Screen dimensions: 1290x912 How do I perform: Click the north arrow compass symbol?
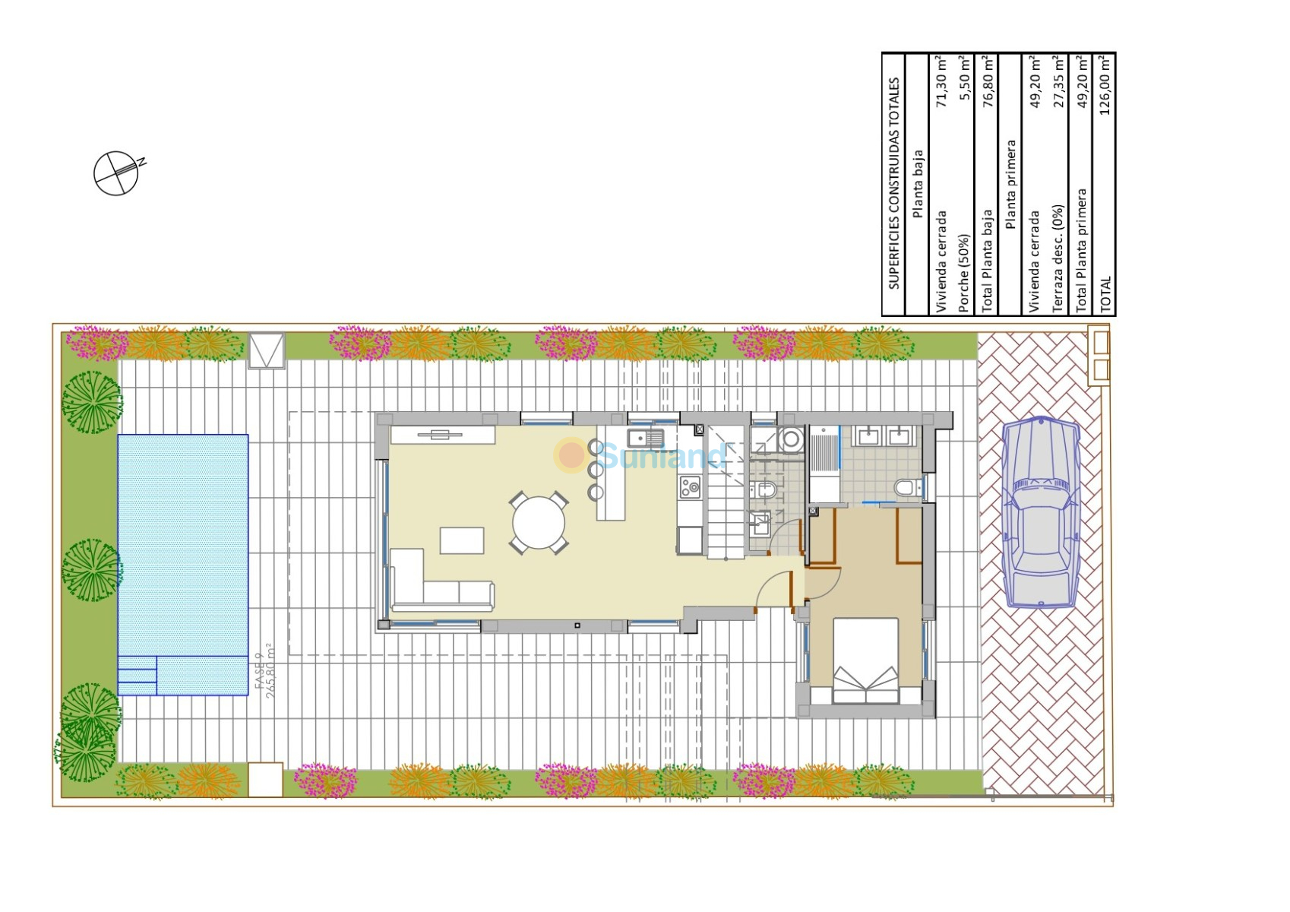[118, 173]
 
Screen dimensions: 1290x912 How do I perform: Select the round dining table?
[539, 523]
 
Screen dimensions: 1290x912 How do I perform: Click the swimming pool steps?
[137, 676]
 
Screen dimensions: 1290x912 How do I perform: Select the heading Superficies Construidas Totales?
[893, 183]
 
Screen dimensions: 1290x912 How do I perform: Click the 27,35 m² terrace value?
[1058, 82]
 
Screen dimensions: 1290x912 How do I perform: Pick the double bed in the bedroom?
[865, 660]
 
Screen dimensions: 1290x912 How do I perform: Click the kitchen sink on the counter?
[645, 439]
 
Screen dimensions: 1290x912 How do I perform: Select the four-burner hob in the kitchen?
[689, 487]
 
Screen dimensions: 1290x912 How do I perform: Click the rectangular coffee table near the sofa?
[462, 540]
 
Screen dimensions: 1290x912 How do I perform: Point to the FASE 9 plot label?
[259, 671]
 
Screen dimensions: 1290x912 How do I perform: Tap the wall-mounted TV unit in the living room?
[442, 435]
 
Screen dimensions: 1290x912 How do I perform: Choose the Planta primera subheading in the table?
[1010, 185]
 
